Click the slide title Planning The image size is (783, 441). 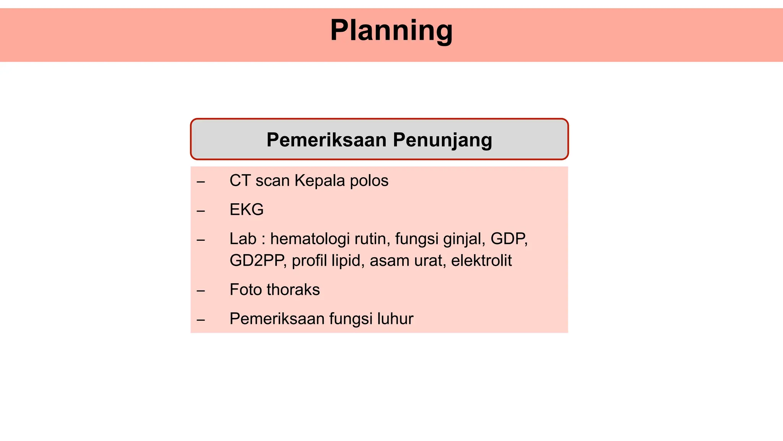391,31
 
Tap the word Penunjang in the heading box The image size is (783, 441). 442,140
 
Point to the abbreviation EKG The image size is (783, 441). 247,210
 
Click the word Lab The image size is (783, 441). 243,239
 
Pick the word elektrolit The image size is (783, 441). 481,261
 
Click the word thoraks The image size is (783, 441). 293,290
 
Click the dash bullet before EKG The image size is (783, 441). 201,211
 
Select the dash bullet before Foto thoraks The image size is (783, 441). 201,291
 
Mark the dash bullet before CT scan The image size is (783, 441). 201,182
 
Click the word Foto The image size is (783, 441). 246,290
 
